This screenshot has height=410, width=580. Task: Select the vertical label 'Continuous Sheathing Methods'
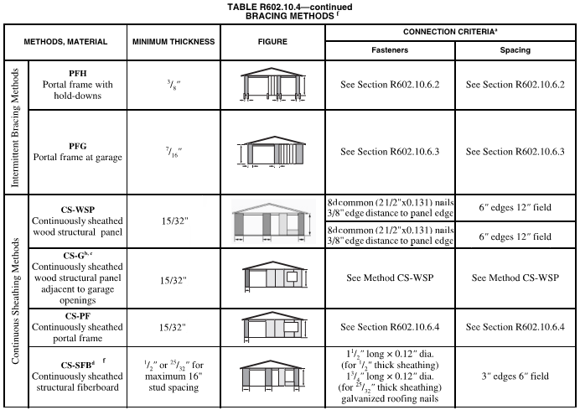(x=13, y=302)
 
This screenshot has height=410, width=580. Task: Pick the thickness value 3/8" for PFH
(x=173, y=86)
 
